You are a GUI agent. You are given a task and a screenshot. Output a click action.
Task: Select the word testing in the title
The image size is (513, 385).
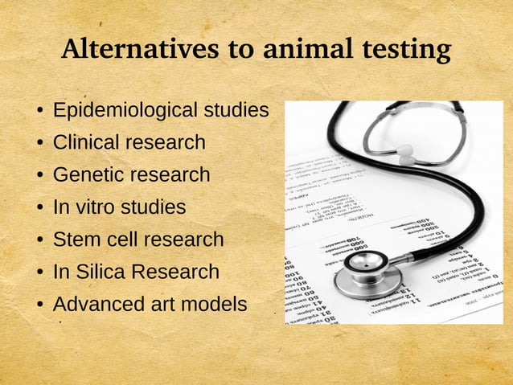point(405,51)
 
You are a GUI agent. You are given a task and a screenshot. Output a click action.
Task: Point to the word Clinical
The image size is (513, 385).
point(84,143)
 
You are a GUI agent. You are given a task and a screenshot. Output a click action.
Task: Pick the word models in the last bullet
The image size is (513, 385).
point(215,305)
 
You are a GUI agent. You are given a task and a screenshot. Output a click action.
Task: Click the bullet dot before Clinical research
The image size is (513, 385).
point(39,144)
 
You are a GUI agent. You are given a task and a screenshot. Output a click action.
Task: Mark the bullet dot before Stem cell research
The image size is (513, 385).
point(39,240)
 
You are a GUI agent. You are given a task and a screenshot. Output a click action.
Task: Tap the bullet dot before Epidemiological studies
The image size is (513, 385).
point(39,111)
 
